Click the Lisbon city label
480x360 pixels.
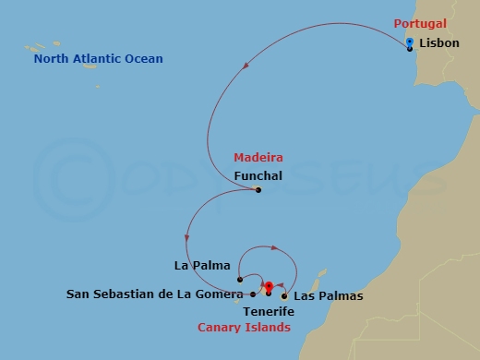click(x=438, y=43)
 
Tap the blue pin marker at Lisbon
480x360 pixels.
click(x=409, y=42)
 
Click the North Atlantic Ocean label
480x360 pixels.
click(x=98, y=59)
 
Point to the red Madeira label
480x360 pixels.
click(x=258, y=158)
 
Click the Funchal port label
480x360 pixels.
click(x=258, y=175)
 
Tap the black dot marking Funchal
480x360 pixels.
click(x=258, y=190)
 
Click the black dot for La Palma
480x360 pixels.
click(x=239, y=279)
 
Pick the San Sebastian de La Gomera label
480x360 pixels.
click(x=154, y=295)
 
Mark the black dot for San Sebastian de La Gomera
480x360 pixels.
click(x=253, y=294)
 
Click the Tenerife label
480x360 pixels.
click(x=269, y=312)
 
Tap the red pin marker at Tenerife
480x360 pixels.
click(x=269, y=287)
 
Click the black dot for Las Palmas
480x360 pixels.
click(x=284, y=295)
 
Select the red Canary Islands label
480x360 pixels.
click(x=244, y=328)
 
